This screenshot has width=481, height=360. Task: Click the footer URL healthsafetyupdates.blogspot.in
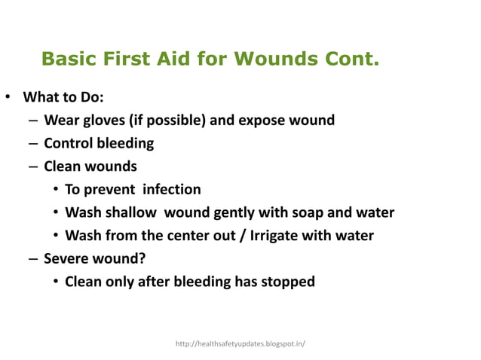click(x=240, y=343)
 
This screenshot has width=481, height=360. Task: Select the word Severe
click(x=66, y=259)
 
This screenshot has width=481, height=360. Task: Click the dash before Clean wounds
click(x=33, y=166)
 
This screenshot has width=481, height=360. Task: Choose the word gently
click(x=218, y=212)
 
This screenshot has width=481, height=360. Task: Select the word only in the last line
click(x=121, y=282)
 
